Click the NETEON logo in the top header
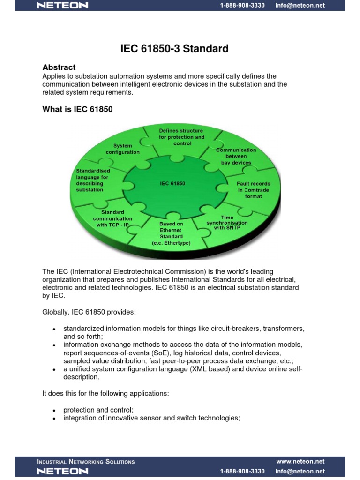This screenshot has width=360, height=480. (62, 6)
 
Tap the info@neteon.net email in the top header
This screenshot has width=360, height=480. (300, 6)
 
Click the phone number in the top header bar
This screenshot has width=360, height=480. (242, 6)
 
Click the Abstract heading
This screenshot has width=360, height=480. (59, 67)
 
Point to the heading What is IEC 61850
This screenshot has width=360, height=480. (78, 109)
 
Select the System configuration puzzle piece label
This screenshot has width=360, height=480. (122, 149)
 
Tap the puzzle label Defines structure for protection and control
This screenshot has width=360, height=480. (181, 137)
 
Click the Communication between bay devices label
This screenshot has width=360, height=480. (236, 156)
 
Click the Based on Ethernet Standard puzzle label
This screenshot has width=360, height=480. (171, 233)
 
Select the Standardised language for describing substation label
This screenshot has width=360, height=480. (93, 180)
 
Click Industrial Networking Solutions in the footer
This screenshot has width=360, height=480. (86, 462)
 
